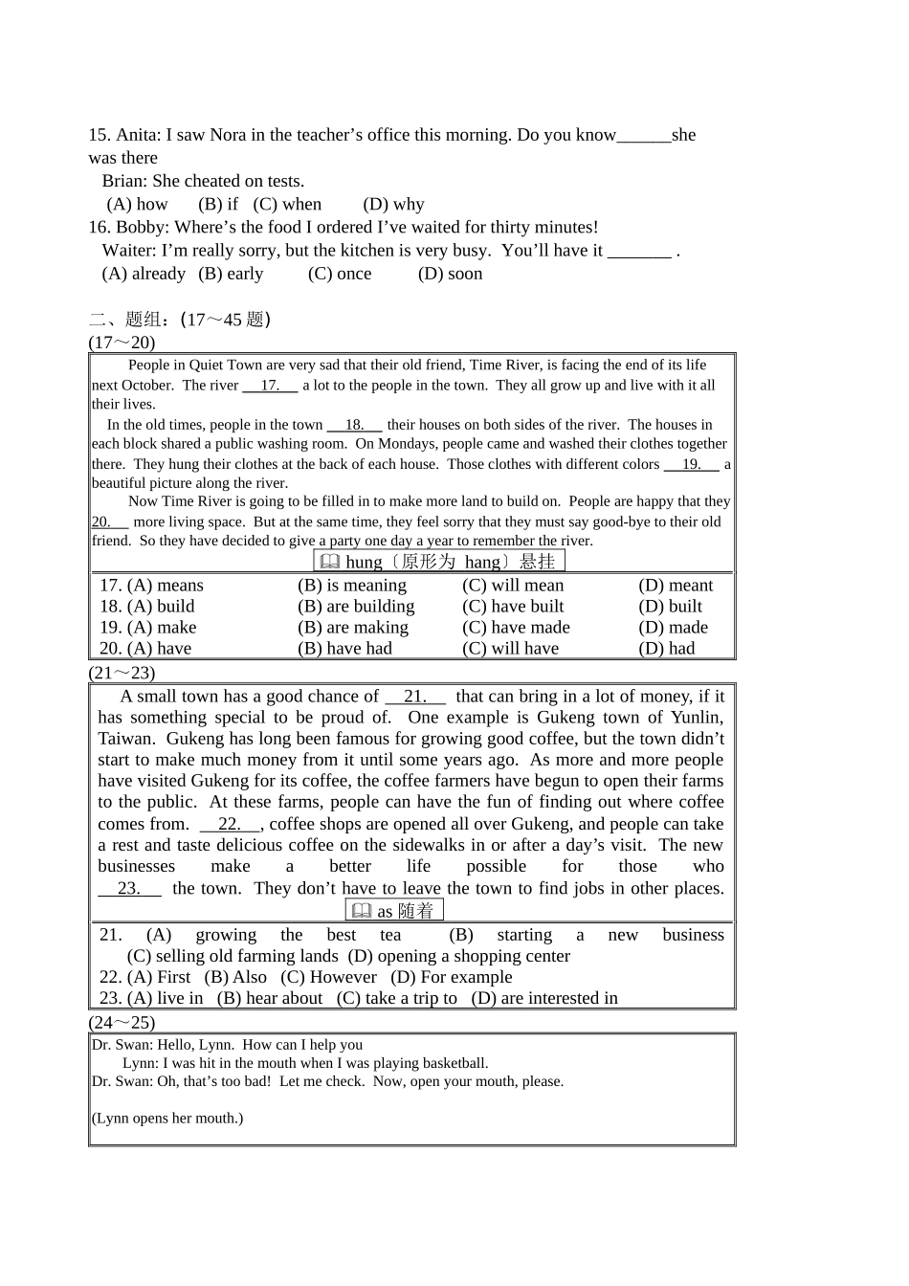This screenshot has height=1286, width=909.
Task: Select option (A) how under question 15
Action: [x=138, y=204]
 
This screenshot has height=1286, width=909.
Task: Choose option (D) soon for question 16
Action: [x=450, y=274]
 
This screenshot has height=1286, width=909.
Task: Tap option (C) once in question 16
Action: [x=340, y=274]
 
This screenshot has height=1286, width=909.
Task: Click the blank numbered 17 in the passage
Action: [x=270, y=386]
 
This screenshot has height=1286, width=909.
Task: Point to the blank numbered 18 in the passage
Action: [x=354, y=425]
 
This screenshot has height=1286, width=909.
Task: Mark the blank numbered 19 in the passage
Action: [x=691, y=464]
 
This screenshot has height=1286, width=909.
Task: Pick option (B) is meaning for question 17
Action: [x=352, y=586]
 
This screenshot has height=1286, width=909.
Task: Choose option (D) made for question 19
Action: [x=674, y=628]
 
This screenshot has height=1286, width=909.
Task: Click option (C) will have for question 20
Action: [x=511, y=649]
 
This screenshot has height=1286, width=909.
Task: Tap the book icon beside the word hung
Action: [x=329, y=562]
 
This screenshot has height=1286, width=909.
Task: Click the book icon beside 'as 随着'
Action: [x=362, y=911]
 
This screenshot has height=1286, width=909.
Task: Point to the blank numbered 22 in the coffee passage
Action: [x=230, y=824]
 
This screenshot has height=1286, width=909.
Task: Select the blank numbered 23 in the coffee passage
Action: [x=129, y=888]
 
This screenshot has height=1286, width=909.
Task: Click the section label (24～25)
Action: [x=122, y=1022]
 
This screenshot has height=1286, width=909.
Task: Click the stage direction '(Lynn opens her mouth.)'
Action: [x=167, y=1118]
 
